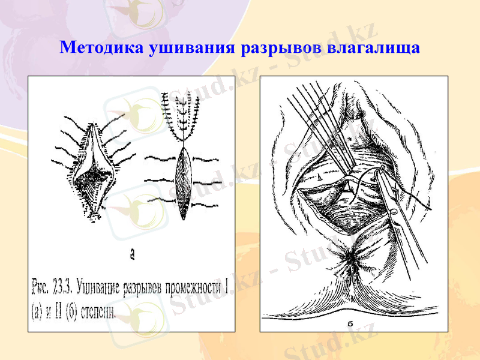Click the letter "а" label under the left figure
(x=132, y=255)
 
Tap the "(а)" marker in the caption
(x=38, y=311)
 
